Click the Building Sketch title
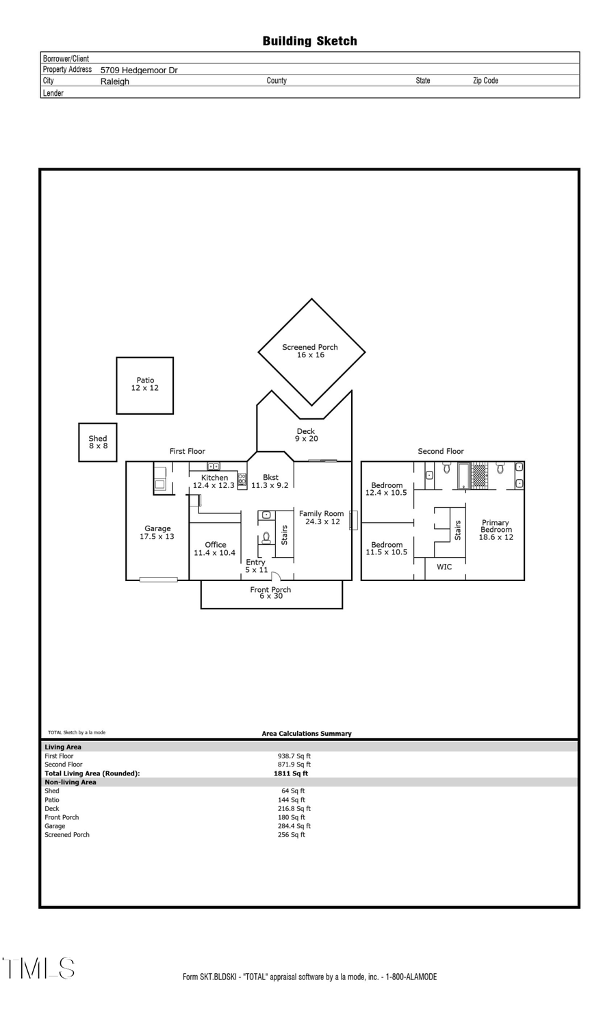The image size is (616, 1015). pyautogui.click(x=309, y=41)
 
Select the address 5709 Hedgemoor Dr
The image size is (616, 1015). pyautogui.click(x=139, y=70)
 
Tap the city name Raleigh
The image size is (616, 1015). pyautogui.click(x=114, y=81)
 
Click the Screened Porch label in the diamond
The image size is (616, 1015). pyautogui.click(x=310, y=350)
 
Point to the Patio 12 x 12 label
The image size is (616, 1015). pyautogui.click(x=144, y=384)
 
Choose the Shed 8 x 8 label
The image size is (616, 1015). pyautogui.click(x=98, y=442)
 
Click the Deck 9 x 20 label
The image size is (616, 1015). pyautogui.click(x=306, y=435)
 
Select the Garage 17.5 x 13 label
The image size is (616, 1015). pyautogui.click(x=157, y=532)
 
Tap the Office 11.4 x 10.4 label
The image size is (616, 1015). pyautogui.click(x=215, y=548)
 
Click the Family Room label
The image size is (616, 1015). pyautogui.click(x=322, y=517)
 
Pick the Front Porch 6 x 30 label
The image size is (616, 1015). pyautogui.click(x=270, y=593)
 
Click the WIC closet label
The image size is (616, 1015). pyautogui.click(x=444, y=567)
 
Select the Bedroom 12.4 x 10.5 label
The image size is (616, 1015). pyautogui.click(x=386, y=489)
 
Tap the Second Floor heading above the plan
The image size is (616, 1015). pyautogui.click(x=441, y=451)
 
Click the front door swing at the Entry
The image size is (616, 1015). pyautogui.click(x=277, y=576)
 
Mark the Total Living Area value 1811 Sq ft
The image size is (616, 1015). pyautogui.click(x=291, y=773)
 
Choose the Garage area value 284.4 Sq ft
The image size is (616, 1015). pyautogui.click(x=294, y=826)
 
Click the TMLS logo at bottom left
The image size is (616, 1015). pyautogui.click(x=38, y=968)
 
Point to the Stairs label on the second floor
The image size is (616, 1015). pyautogui.click(x=458, y=530)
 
